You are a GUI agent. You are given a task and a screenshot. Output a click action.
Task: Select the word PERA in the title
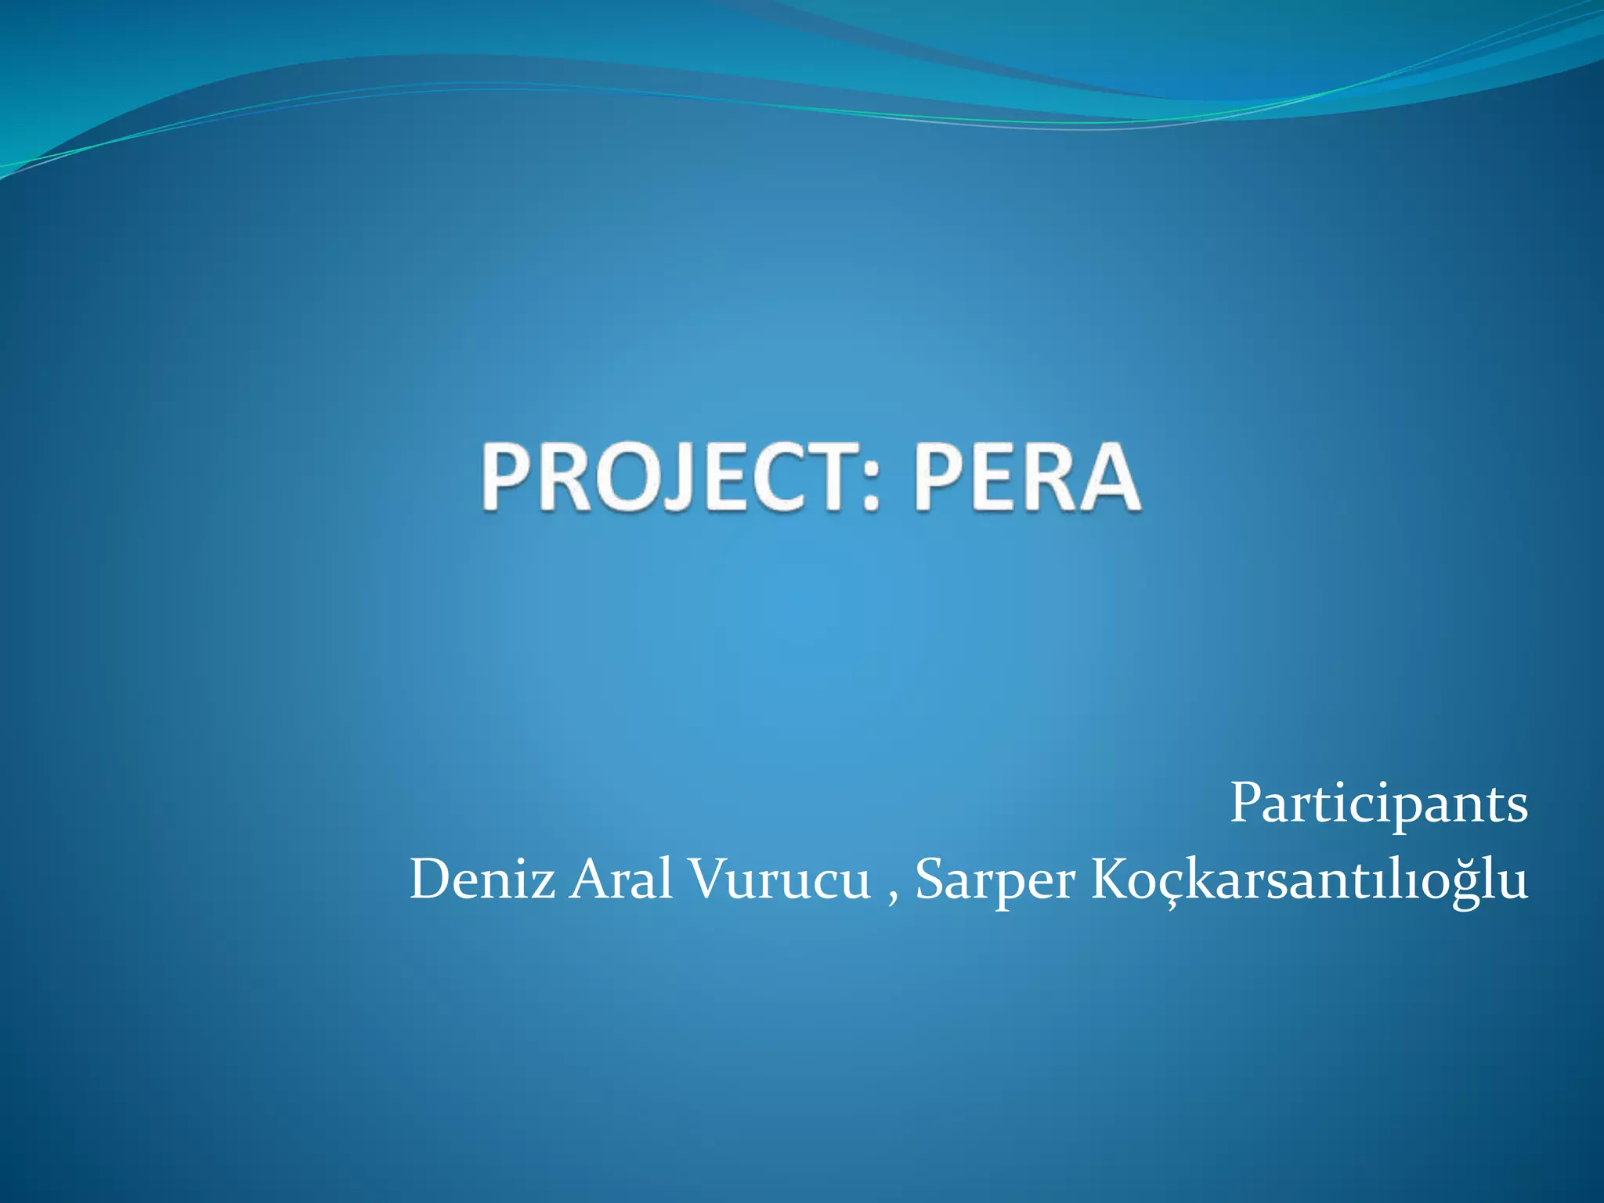point(1027,477)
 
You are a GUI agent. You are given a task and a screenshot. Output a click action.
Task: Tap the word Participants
point(1378,804)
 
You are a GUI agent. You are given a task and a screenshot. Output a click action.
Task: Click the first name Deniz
point(482,879)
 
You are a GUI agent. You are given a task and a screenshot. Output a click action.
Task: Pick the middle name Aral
point(621,879)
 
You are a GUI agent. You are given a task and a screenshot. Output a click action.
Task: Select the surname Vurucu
point(779,879)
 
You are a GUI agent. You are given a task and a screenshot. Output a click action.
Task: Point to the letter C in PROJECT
point(786,477)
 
